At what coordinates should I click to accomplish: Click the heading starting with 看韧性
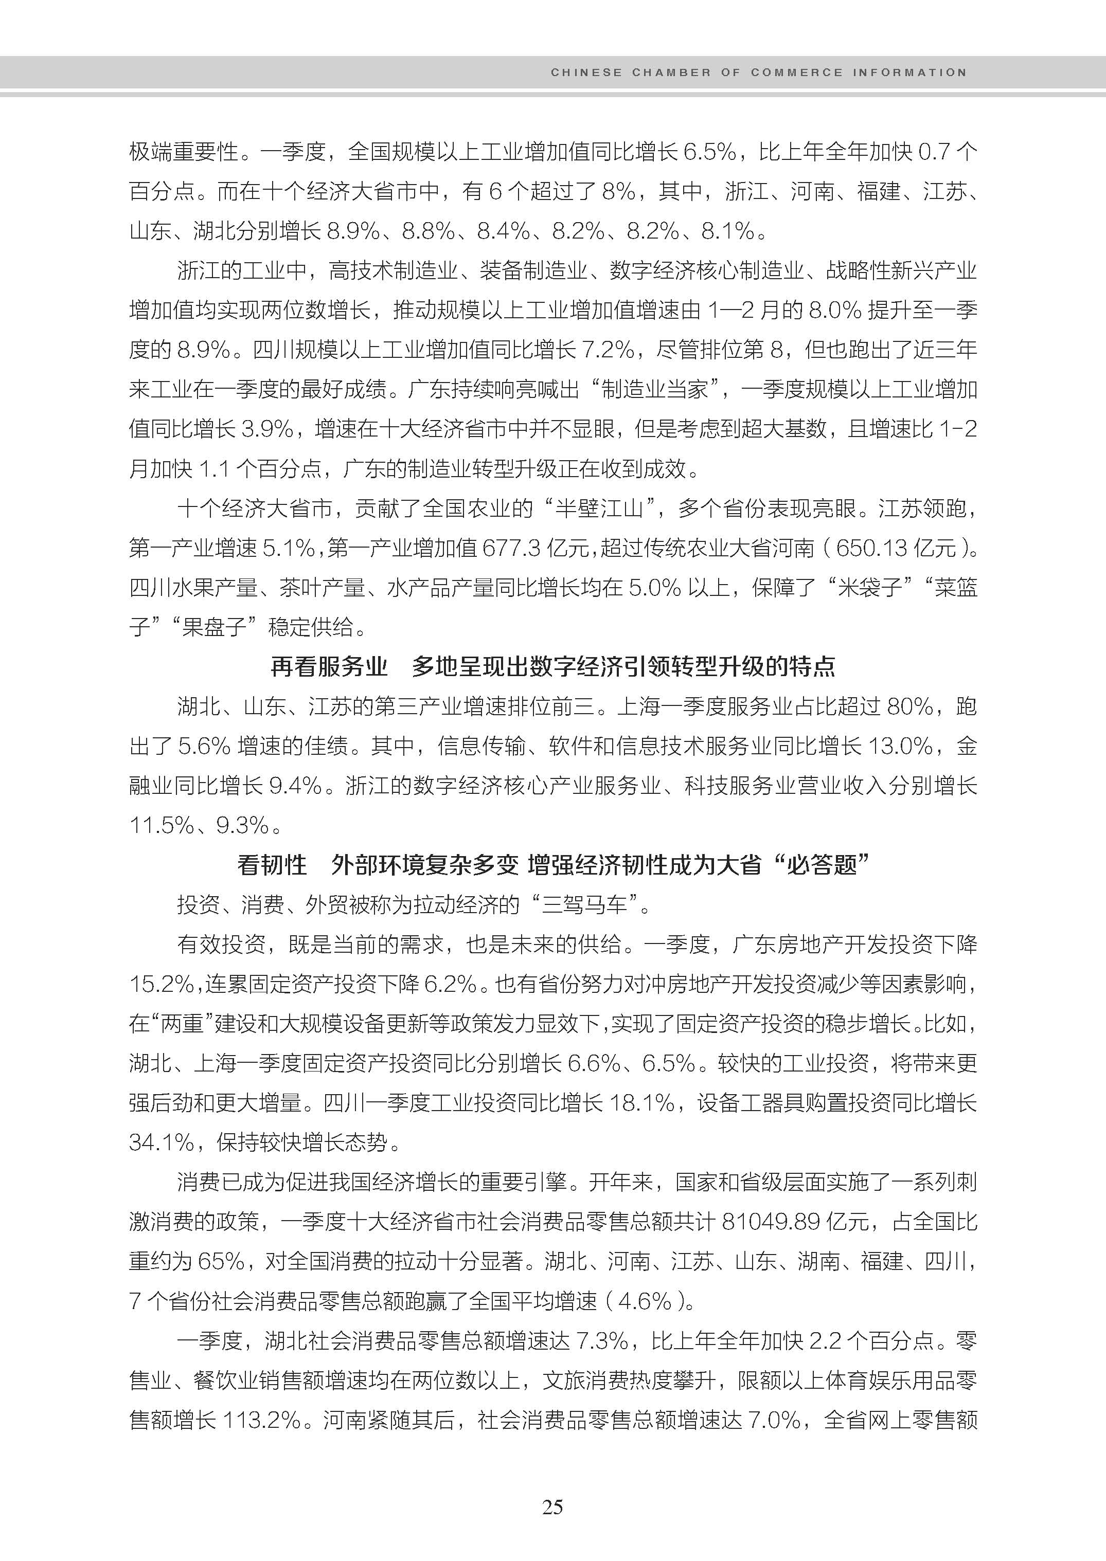point(552,865)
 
